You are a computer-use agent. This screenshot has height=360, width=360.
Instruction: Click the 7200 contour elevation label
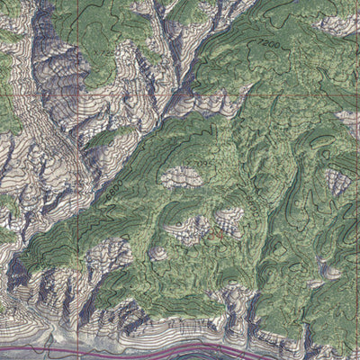pyautogui.click(x=268, y=43)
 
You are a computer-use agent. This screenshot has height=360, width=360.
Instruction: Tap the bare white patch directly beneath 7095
pyautogui.click(x=181, y=177)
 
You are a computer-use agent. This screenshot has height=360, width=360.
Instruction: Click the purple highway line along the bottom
pyautogui.click(x=135, y=346)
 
